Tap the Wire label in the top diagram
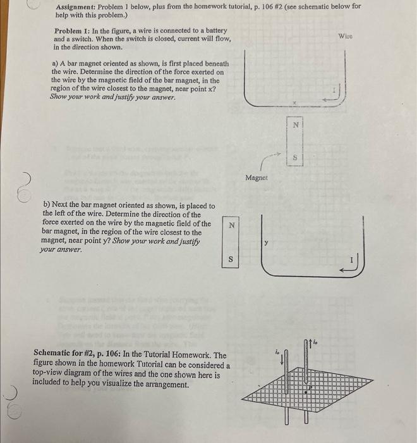tap(346, 36)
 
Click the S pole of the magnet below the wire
tap(295, 156)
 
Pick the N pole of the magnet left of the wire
tap(232, 225)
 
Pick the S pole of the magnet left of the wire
tap(232, 259)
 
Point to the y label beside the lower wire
tap(266, 241)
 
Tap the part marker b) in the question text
tap(47, 206)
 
